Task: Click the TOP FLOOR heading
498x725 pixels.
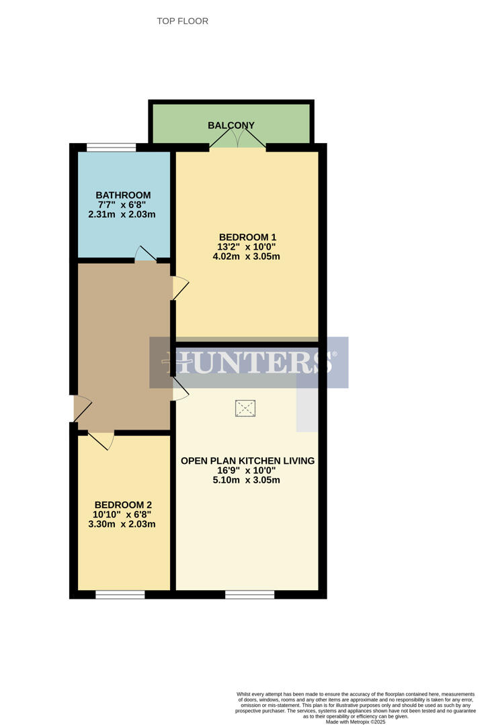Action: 182,21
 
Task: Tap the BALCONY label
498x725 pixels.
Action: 231,126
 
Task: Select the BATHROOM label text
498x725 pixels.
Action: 123,195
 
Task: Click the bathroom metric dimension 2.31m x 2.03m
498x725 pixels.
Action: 122,215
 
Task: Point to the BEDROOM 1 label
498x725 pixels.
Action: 247,237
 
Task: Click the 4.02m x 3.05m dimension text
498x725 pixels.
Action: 246,256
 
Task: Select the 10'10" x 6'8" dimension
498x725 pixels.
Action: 122,514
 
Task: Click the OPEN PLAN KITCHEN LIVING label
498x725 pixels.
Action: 247,461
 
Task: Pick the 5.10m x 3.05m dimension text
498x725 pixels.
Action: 246,480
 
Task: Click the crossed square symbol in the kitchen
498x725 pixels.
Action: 245,407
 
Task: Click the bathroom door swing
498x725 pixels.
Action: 146,254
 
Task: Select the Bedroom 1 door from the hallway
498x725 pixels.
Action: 180,288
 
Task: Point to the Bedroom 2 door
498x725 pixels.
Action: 101,440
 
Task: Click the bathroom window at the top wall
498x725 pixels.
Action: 111,147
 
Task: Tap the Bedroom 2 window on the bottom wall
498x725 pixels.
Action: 120,594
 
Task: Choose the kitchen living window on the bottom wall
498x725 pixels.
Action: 249,594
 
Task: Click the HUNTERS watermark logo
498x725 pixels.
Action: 249,362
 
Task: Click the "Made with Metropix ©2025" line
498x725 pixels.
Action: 356,722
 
